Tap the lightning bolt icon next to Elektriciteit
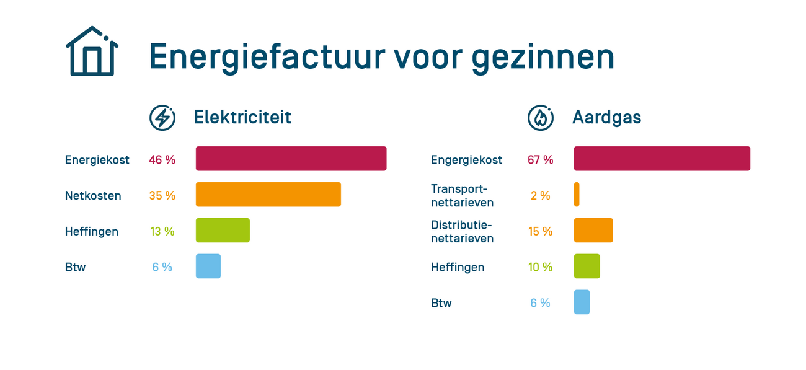tap(162, 118)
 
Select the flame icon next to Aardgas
tap(541, 118)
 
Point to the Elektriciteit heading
tap(242, 117)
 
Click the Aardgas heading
tap(606, 117)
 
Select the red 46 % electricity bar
tap(291, 159)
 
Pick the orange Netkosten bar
tap(268, 195)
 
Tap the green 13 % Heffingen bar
tap(223, 231)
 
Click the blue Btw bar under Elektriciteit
tap(208, 266)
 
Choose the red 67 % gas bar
tap(662, 159)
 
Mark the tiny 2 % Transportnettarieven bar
tap(577, 195)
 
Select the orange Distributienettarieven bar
tap(593, 231)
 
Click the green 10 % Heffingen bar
tap(587, 266)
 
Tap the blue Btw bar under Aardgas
tap(582, 302)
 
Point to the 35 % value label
tap(162, 196)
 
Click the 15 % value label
tap(540, 232)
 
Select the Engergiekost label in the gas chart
tap(466, 160)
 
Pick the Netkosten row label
tap(93, 196)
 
